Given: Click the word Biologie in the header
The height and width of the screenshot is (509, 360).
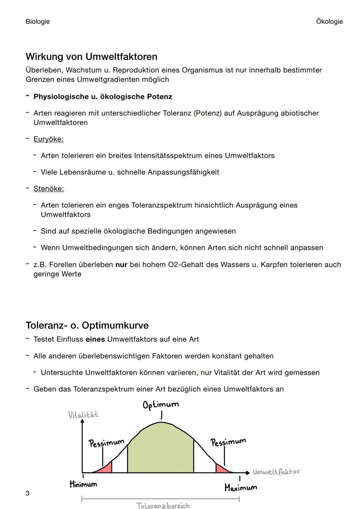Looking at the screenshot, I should (38, 22).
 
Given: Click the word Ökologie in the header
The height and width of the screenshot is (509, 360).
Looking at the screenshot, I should (329, 22).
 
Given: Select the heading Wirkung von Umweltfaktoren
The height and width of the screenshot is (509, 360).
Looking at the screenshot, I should (91, 57).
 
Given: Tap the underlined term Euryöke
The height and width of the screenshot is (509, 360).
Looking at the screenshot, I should (48, 139).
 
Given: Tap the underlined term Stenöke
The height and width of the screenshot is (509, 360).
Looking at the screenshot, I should (49, 189).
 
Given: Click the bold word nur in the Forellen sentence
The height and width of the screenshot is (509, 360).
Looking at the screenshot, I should (121, 265).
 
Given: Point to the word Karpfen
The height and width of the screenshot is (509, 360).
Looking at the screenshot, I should (274, 265).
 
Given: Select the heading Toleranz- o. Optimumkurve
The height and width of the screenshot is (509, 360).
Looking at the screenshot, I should (87, 325).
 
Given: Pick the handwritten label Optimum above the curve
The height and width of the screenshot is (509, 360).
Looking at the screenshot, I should (161, 405).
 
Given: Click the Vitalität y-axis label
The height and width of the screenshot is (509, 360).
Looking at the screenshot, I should (83, 415).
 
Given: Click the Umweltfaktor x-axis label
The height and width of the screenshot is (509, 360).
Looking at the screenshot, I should (276, 472).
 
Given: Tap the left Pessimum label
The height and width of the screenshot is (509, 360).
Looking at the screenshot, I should (106, 443).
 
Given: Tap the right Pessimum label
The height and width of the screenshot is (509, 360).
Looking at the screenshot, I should (228, 442).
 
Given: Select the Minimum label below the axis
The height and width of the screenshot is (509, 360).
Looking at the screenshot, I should (83, 484).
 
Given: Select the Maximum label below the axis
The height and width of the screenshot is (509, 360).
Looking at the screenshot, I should (241, 488).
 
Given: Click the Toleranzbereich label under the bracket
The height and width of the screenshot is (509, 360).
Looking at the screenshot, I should (163, 505).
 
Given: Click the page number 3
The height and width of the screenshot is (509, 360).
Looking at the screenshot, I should (27, 493).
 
